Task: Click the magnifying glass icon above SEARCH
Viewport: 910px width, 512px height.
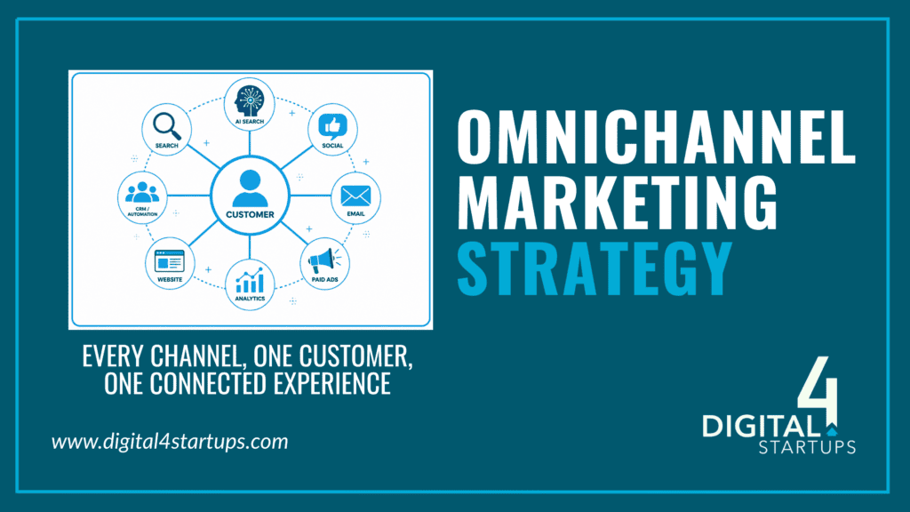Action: pyautogui.click(x=166, y=126)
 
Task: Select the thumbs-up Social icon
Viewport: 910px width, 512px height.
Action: pyautogui.click(x=332, y=126)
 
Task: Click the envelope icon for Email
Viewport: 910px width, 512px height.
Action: pyautogui.click(x=355, y=196)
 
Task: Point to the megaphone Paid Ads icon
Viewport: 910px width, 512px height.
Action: pyautogui.click(x=324, y=260)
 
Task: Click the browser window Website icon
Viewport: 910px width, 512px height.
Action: pyautogui.click(x=170, y=261)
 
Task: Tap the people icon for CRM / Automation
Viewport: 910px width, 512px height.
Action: pyautogui.click(x=142, y=192)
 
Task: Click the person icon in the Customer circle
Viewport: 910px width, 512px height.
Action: pyautogui.click(x=250, y=188)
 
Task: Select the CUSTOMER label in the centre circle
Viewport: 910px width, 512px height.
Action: pyautogui.click(x=250, y=215)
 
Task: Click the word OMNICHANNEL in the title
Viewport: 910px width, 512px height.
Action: pyautogui.click(x=656, y=137)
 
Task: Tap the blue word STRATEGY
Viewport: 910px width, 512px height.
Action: pyautogui.click(x=595, y=268)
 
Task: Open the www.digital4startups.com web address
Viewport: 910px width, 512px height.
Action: pyautogui.click(x=170, y=442)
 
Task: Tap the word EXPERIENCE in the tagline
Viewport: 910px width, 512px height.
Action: pyautogui.click(x=332, y=384)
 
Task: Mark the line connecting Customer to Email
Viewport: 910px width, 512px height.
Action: pyautogui.click(x=310, y=196)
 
